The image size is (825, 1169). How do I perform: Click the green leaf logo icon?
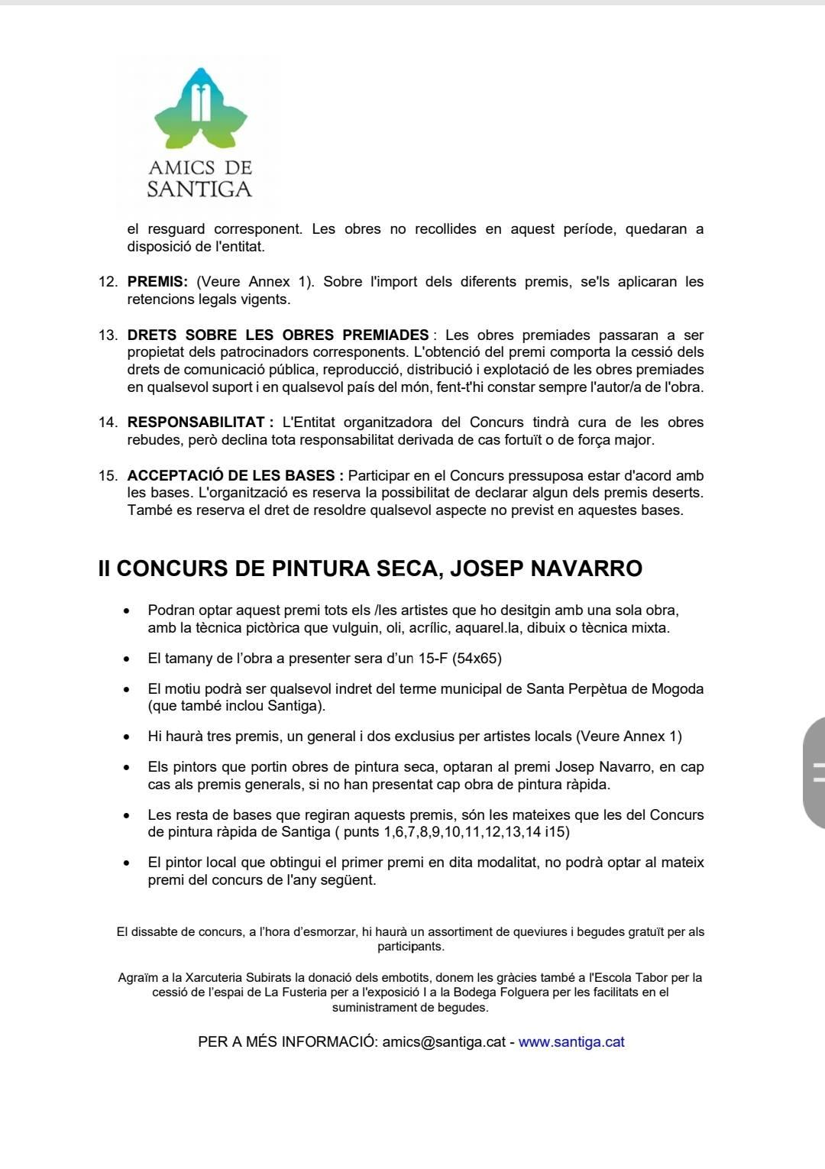pos(200,108)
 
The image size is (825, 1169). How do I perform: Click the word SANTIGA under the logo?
pos(199,189)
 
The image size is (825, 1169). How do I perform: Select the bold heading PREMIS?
pos(157,282)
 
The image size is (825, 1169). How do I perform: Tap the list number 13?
pos(108,335)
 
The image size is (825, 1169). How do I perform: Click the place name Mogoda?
pos(678,688)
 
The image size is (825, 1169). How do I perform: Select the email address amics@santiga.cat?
pos(444,1042)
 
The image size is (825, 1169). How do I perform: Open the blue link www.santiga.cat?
pos(571,1042)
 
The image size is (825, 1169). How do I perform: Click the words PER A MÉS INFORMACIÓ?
pos(286,1042)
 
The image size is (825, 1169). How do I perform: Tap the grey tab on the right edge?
pos(814,772)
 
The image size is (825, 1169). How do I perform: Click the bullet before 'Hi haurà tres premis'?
pos(126,737)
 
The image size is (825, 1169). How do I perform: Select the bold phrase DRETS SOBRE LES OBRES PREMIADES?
pos(278,335)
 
